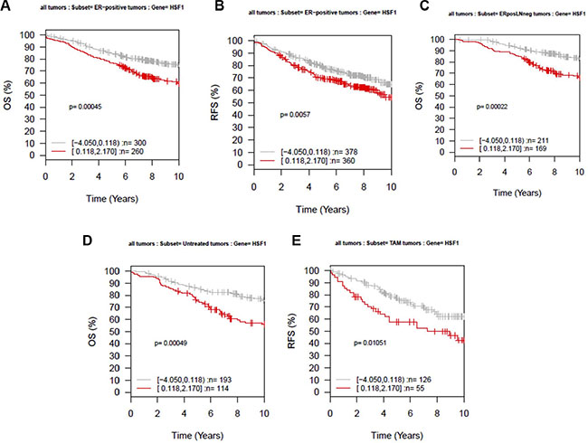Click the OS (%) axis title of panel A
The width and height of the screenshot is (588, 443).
click(x=11, y=94)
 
